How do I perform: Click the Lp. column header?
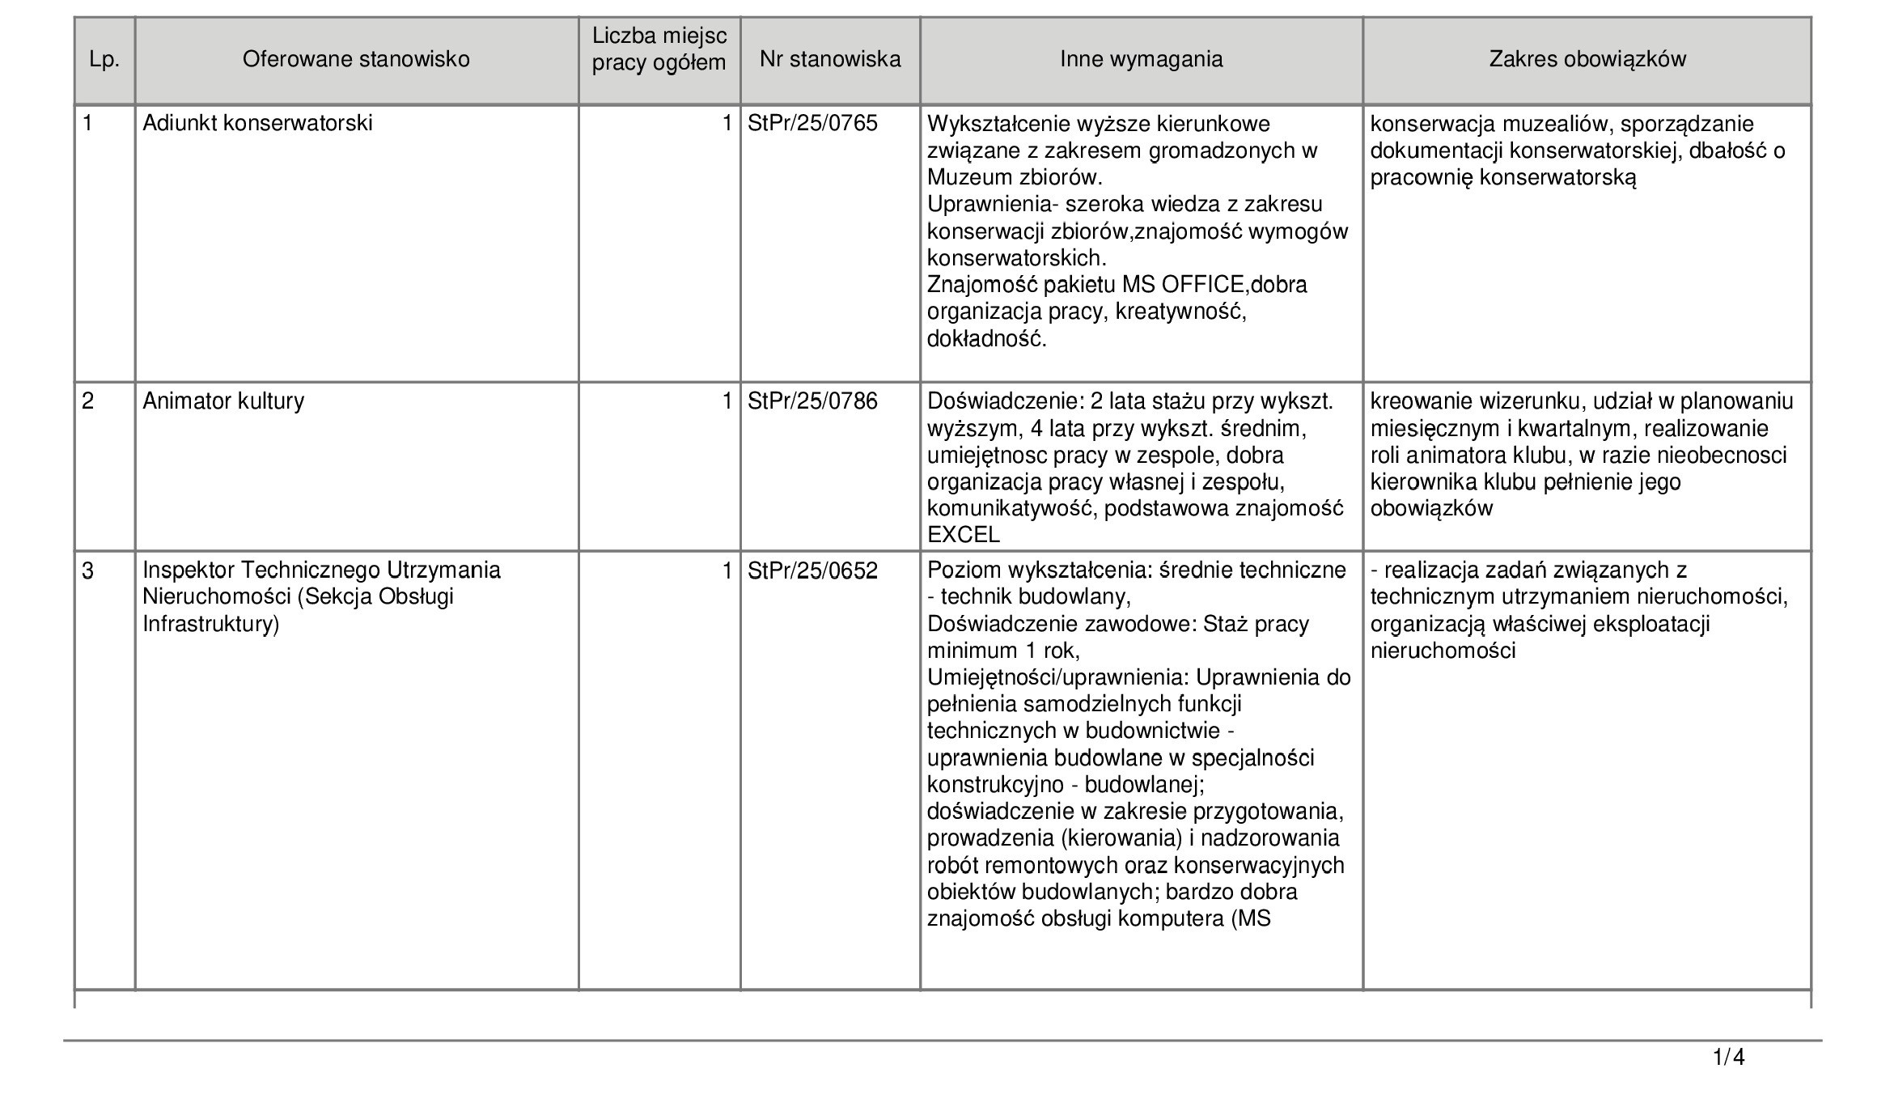[x=104, y=60]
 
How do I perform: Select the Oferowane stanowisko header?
[x=356, y=60]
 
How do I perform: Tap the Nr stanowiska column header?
[x=830, y=60]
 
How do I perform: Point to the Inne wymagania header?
[x=1141, y=60]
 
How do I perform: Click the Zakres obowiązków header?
[x=1587, y=60]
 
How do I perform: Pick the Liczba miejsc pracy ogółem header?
[x=659, y=49]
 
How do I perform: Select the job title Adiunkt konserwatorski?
[x=257, y=124]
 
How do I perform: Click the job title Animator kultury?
[x=223, y=401]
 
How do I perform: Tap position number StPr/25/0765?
[x=812, y=124]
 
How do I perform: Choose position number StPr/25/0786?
[x=812, y=401]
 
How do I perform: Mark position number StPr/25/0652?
[x=812, y=571]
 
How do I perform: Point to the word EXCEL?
[x=964, y=535]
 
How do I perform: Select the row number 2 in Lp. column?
[x=88, y=401]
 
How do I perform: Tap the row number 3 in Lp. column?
[x=88, y=571]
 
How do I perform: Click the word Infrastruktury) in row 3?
[x=210, y=625]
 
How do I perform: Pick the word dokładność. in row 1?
[x=986, y=338]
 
